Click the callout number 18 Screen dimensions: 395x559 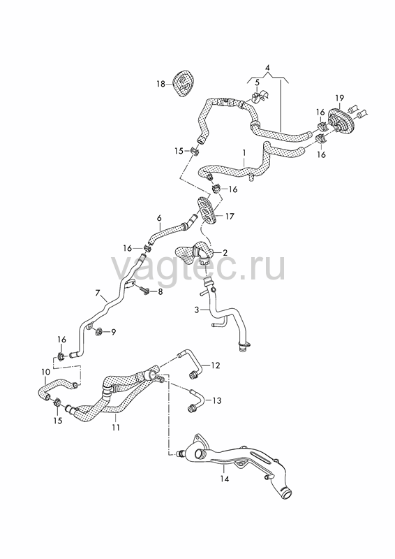(161, 84)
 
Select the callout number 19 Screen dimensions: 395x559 (339, 98)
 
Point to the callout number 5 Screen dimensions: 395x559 (257, 82)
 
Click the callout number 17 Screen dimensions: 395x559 (230, 216)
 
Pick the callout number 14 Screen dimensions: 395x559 (225, 479)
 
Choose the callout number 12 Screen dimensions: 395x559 (216, 365)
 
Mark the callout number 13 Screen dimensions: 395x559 (216, 400)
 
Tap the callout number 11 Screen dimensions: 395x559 (116, 427)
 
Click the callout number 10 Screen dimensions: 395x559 (45, 372)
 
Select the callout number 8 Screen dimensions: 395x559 (161, 292)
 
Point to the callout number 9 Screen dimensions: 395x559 (113, 333)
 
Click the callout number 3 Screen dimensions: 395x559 (197, 310)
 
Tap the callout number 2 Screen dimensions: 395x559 (225, 253)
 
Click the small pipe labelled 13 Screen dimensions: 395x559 (197, 398)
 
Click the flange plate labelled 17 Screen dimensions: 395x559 (208, 211)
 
